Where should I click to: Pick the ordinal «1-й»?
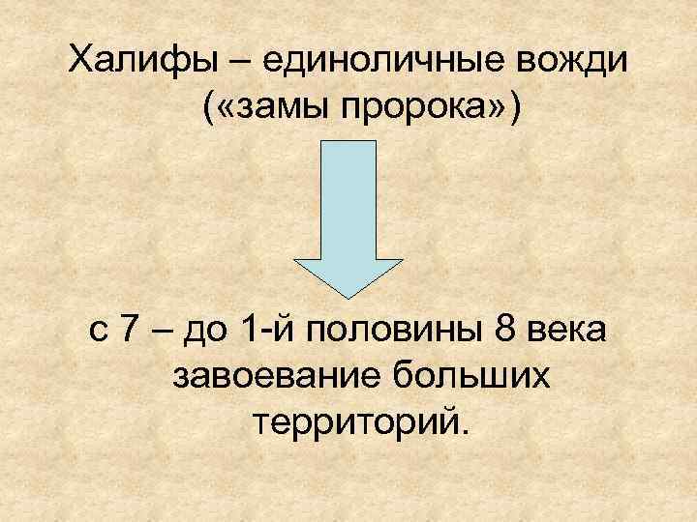[x=270, y=333]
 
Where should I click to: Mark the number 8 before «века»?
[x=504, y=333]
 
